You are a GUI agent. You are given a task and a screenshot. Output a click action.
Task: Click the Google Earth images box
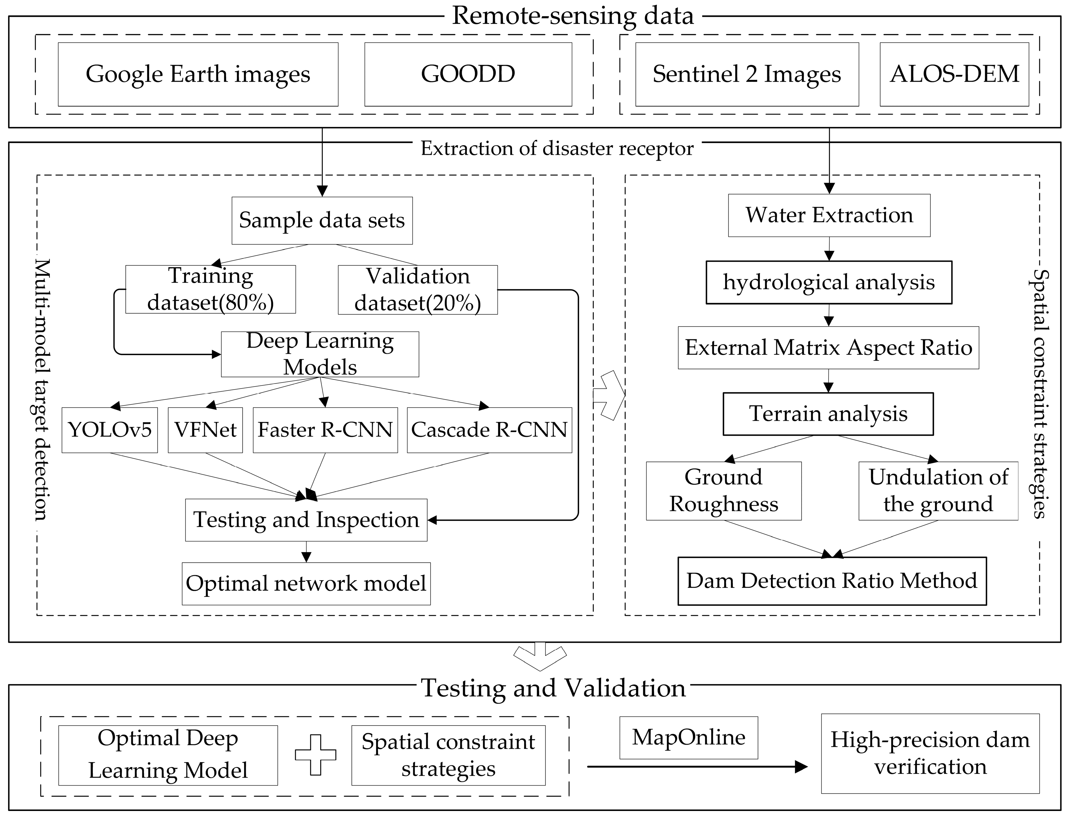click(x=198, y=74)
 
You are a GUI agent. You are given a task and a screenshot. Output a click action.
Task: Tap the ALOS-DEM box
click(x=954, y=74)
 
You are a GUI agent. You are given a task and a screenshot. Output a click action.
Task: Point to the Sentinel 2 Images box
click(x=747, y=74)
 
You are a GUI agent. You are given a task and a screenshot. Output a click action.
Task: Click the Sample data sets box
click(x=322, y=220)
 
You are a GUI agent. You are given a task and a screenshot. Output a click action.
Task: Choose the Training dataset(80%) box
click(x=211, y=289)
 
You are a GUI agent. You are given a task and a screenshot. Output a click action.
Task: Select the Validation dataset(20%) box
click(x=418, y=290)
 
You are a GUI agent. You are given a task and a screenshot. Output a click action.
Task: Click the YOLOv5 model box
click(x=110, y=430)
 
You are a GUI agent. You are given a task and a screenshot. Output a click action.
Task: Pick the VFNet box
click(x=205, y=430)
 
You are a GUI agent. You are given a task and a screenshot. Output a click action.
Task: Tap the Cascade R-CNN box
click(x=489, y=430)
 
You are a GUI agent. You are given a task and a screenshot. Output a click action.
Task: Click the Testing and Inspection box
click(x=306, y=520)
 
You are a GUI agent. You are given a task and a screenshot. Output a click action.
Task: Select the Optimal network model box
click(x=306, y=584)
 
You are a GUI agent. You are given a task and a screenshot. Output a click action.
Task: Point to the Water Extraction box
click(x=829, y=215)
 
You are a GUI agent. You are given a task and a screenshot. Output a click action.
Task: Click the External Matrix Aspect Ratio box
click(x=828, y=348)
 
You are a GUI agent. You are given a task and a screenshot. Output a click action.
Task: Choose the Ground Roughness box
click(x=723, y=491)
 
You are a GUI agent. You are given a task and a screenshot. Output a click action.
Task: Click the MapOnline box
click(x=688, y=738)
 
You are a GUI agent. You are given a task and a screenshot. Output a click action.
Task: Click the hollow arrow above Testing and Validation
click(x=540, y=657)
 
